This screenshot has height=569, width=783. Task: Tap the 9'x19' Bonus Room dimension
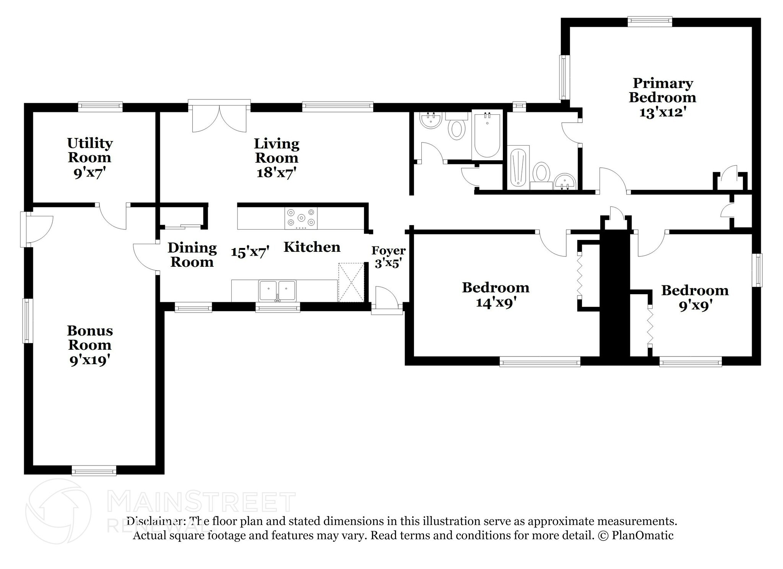point(90,360)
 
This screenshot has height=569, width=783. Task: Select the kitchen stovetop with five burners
point(301,218)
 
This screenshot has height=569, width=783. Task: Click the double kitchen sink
point(277,291)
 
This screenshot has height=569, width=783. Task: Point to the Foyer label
point(388,251)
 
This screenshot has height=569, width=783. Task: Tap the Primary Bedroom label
point(662,90)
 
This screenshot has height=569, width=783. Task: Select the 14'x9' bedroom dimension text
point(496,303)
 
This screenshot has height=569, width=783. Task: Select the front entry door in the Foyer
point(387,299)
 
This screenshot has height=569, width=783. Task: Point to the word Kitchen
point(312,247)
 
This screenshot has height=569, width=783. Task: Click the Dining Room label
point(192,255)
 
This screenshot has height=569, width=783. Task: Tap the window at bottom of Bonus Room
point(94,470)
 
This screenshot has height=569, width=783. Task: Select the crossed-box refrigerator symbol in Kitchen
point(351,282)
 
